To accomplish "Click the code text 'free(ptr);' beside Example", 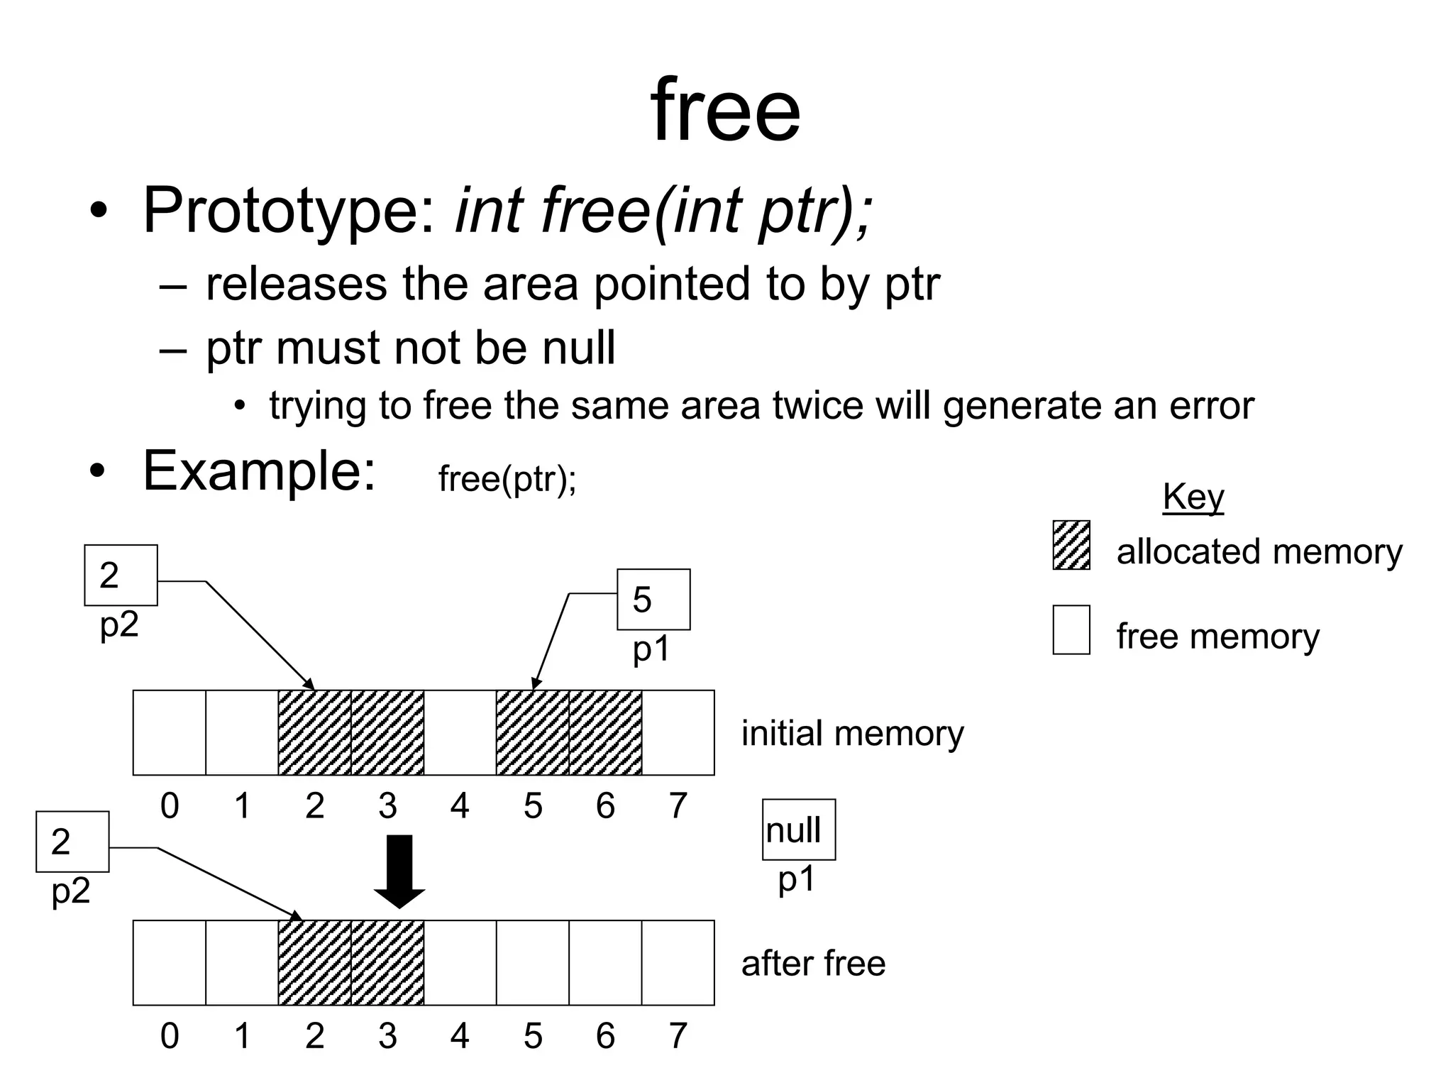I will (x=507, y=479).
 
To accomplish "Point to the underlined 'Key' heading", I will (x=1193, y=496).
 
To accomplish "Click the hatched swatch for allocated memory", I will (x=1071, y=545).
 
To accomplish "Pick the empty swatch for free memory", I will (x=1071, y=629).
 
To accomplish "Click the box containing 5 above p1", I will (x=653, y=599).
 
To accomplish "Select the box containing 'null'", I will (x=798, y=829).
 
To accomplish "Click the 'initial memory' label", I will (x=852, y=733).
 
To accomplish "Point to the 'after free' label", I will (x=813, y=964).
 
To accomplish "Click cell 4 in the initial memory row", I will (x=460, y=732).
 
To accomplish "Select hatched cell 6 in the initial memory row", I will (x=605, y=732).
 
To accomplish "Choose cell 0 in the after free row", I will (x=170, y=963).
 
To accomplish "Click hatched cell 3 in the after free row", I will (x=387, y=963).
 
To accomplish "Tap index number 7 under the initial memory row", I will (x=678, y=805).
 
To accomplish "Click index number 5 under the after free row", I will (x=533, y=1036).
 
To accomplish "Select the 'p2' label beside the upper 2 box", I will (x=118, y=624).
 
